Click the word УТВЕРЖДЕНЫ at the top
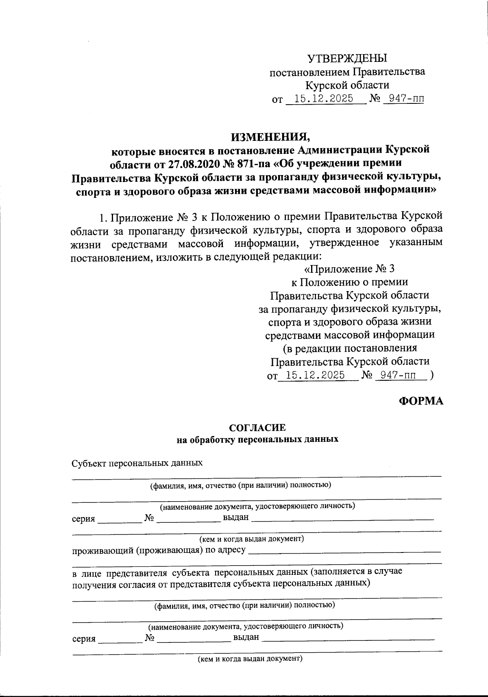pyautogui.click(x=347, y=58)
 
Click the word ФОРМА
pyautogui.click(x=420, y=401)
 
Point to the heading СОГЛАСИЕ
pyautogui.click(x=257, y=428)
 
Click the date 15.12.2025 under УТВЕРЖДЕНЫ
pyautogui.click(x=323, y=99)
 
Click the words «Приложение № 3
pyautogui.click(x=349, y=269)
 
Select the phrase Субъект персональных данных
pyautogui.click(x=137, y=463)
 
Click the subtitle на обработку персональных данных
pyautogui.click(x=257, y=440)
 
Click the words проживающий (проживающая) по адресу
pyautogui.click(x=159, y=551)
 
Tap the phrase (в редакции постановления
pyautogui.click(x=349, y=348)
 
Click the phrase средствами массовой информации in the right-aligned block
pyautogui.click(x=349, y=335)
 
